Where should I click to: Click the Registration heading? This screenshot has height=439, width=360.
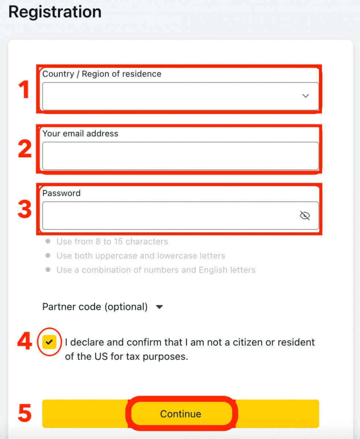click(55, 12)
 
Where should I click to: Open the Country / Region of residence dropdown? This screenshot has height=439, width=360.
click(180, 96)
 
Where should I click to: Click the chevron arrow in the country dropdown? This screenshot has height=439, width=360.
click(305, 96)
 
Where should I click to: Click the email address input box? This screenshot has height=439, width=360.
click(180, 156)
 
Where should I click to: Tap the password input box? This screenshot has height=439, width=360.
click(180, 215)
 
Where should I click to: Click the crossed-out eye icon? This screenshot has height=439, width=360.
click(305, 215)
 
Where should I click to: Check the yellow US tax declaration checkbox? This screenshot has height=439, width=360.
click(49, 342)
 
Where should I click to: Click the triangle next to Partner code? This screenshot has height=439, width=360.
click(160, 307)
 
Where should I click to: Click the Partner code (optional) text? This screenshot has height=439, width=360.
click(95, 307)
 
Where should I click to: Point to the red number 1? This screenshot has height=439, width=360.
click(24, 89)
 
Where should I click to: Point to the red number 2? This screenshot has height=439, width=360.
click(25, 149)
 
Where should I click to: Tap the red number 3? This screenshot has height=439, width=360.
click(25, 209)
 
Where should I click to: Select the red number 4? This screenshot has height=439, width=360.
click(25, 341)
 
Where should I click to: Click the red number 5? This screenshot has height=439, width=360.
click(25, 413)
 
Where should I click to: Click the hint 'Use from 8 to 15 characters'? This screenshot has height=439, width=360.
click(112, 241)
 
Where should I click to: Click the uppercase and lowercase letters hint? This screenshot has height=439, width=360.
click(141, 256)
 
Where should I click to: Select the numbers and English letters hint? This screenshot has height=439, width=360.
click(156, 270)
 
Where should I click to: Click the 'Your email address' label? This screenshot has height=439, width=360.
click(80, 134)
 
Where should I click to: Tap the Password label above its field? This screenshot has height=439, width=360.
click(61, 193)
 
